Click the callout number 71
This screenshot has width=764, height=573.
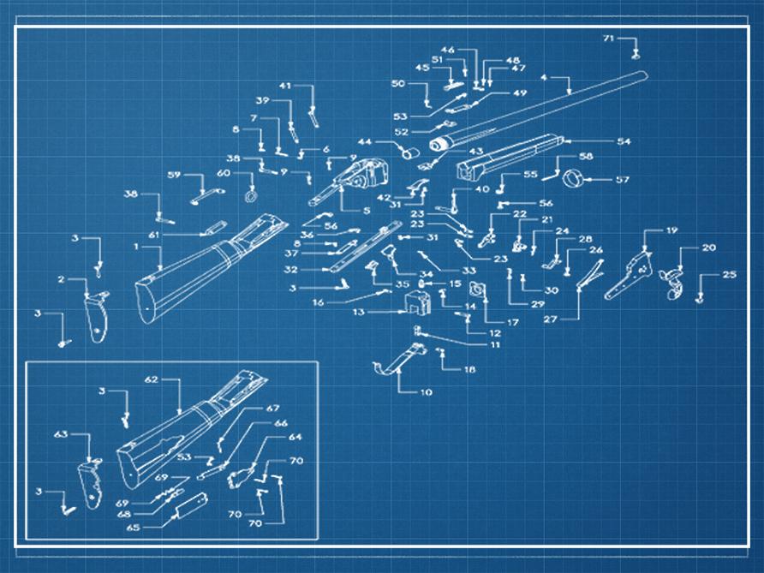(608, 39)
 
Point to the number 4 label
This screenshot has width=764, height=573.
(544, 78)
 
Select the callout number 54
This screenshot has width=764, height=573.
(624, 140)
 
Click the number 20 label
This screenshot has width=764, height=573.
(708, 248)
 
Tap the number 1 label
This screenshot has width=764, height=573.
(136, 247)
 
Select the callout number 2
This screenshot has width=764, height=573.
(62, 280)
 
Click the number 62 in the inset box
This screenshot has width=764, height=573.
(152, 379)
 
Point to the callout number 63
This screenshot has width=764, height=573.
(61, 434)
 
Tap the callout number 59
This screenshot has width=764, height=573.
(174, 175)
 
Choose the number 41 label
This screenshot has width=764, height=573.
(285, 86)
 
